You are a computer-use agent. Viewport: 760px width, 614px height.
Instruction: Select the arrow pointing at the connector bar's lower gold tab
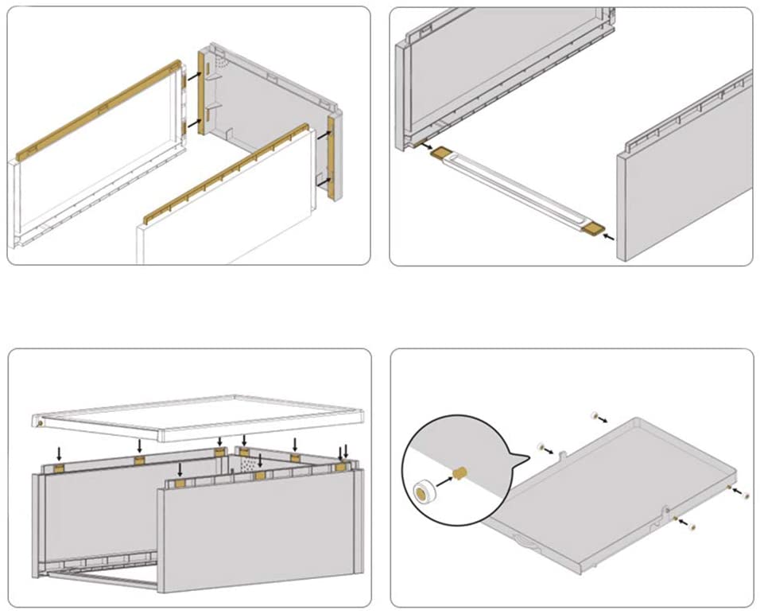point(610,235)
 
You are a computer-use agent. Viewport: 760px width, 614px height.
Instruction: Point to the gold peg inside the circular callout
point(459,475)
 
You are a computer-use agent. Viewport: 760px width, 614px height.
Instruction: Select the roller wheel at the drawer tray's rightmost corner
point(746,495)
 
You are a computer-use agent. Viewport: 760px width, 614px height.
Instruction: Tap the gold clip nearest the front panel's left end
point(180,482)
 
